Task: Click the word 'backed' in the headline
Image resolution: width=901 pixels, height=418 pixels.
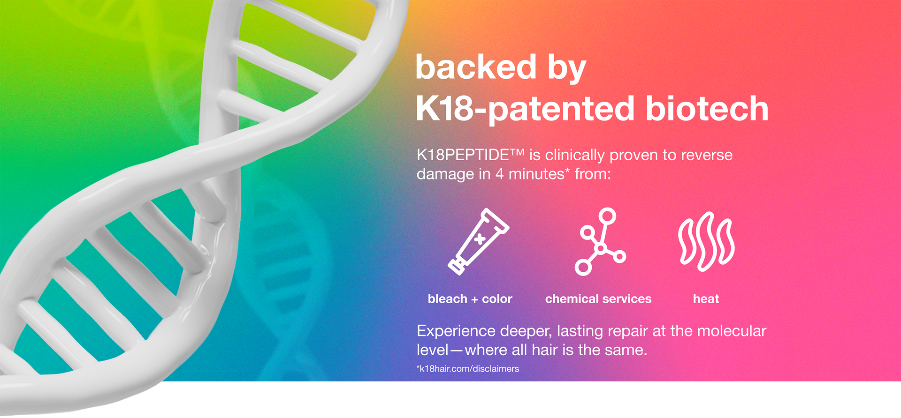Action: pyautogui.click(x=476, y=67)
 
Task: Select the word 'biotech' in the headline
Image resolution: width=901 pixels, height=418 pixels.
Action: pyautogui.click(x=707, y=108)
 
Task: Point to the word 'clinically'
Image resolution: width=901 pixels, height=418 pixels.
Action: pyautogui.click(x=575, y=155)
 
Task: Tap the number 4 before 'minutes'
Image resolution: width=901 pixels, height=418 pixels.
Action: pyautogui.click(x=499, y=174)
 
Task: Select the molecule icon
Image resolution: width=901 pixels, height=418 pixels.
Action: pyautogui.click(x=600, y=241)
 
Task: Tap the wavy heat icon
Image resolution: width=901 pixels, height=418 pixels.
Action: pyautogui.click(x=706, y=241)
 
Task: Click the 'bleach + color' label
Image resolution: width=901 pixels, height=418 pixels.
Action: pyautogui.click(x=470, y=299)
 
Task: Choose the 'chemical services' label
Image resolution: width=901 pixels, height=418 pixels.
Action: pyautogui.click(x=598, y=299)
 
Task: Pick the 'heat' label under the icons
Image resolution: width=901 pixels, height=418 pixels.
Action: pyautogui.click(x=706, y=299)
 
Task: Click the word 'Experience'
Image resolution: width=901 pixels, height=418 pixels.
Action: pyautogui.click(x=456, y=331)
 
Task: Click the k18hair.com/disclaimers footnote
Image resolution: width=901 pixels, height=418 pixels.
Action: pyautogui.click(x=468, y=369)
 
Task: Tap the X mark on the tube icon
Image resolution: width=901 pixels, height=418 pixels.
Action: pyautogui.click(x=480, y=239)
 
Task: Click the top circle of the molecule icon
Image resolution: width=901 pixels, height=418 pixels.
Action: pyautogui.click(x=608, y=216)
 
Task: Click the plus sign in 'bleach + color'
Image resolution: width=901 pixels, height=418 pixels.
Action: pyautogui.click(x=474, y=299)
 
